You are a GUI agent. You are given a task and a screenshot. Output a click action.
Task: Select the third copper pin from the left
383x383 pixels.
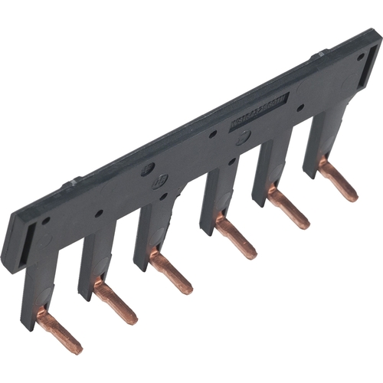tap(170, 273)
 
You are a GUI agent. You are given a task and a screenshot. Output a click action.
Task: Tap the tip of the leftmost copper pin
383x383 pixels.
tap(77, 346)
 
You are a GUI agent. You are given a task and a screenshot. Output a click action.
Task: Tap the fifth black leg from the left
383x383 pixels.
tap(265, 172)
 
